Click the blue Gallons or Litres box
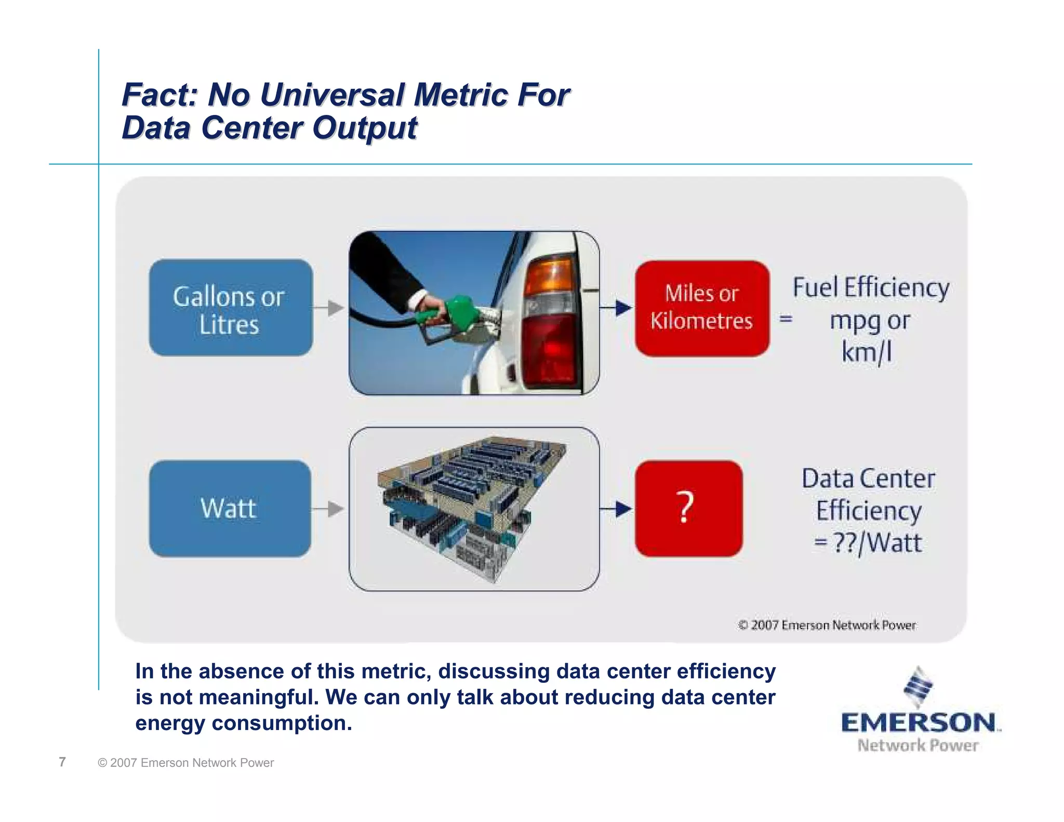pyautogui.click(x=231, y=308)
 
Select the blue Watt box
pyautogui.click(x=230, y=508)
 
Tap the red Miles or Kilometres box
pyautogui.click(x=702, y=308)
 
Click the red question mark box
pyautogui.click(x=688, y=508)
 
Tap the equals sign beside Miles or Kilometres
pyautogui.click(x=786, y=319)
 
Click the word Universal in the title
pyautogui.click(x=332, y=95)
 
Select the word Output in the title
pyautogui.click(x=365, y=128)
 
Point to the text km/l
pyautogui.click(x=867, y=352)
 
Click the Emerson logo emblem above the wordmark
pyautogui.click(x=918, y=687)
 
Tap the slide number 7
pyautogui.click(x=62, y=762)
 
